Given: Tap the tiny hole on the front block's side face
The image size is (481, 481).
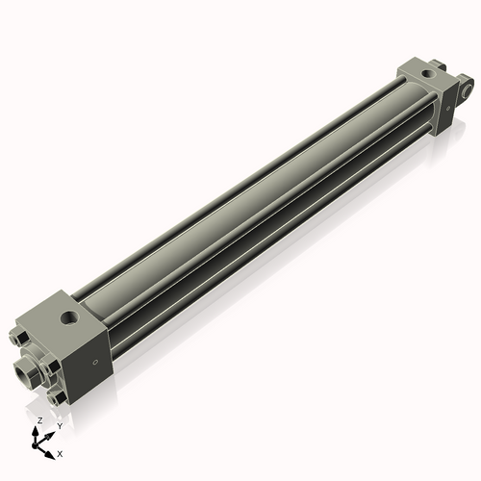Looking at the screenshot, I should click(x=94, y=363).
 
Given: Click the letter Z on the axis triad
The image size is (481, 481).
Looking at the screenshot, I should click(x=39, y=420).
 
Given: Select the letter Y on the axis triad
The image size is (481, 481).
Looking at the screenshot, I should click(x=59, y=425).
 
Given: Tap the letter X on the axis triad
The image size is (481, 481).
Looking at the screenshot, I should click(x=60, y=452).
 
